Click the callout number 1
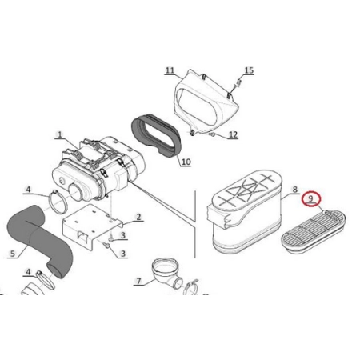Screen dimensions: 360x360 pos(59,134)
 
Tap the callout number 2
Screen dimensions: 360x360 pos(138,217)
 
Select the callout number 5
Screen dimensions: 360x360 pos(13,253)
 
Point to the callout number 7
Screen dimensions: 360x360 pos(138,281)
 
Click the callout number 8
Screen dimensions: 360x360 pos(294,190)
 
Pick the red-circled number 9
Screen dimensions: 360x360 pos(311,199)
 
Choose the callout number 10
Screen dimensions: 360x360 pos(186,162)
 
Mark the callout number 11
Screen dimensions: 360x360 pos(170,70)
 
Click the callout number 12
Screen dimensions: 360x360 pos(233,134)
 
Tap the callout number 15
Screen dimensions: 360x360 pos(249,70)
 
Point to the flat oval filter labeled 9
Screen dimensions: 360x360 pos(314,230)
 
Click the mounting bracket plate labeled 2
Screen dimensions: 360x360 pos(90,224)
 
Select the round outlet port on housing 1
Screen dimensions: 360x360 pos(77,192)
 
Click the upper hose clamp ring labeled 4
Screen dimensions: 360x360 pos(58,202)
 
